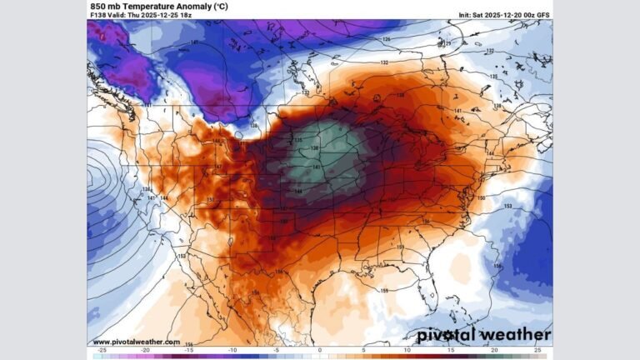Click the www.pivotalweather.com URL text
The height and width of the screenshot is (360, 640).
click(x=136, y=342)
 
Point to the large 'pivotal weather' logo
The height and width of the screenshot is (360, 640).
click(x=483, y=334)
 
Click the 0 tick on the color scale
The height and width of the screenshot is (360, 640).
click(x=320, y=352)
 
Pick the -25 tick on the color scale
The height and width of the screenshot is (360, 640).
click(x=102, y=352)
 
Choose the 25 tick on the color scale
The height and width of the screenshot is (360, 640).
click(x=538, y=352)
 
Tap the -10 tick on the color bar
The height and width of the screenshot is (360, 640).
click(x=232, y=352)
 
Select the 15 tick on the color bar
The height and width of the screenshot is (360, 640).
click(x=451, y=352)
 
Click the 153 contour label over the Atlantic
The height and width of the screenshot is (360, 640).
click(x=507, y=206)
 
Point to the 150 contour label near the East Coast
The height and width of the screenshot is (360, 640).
click(x=481, y=197)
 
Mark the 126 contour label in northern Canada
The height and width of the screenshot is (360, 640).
click(x=386, y=39)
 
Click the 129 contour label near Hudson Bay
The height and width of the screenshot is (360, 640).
click(x=447, y=43)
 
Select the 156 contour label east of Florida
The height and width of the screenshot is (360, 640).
click(x=497, y=266)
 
